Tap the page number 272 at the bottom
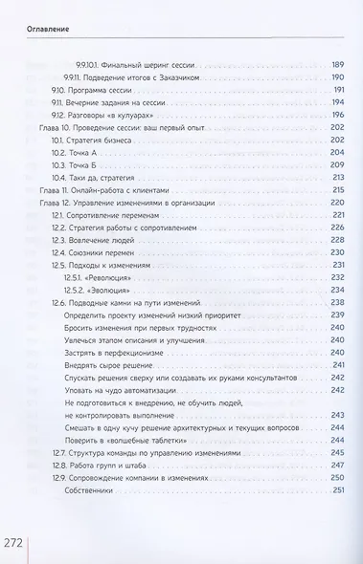click(x=19, y=529)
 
